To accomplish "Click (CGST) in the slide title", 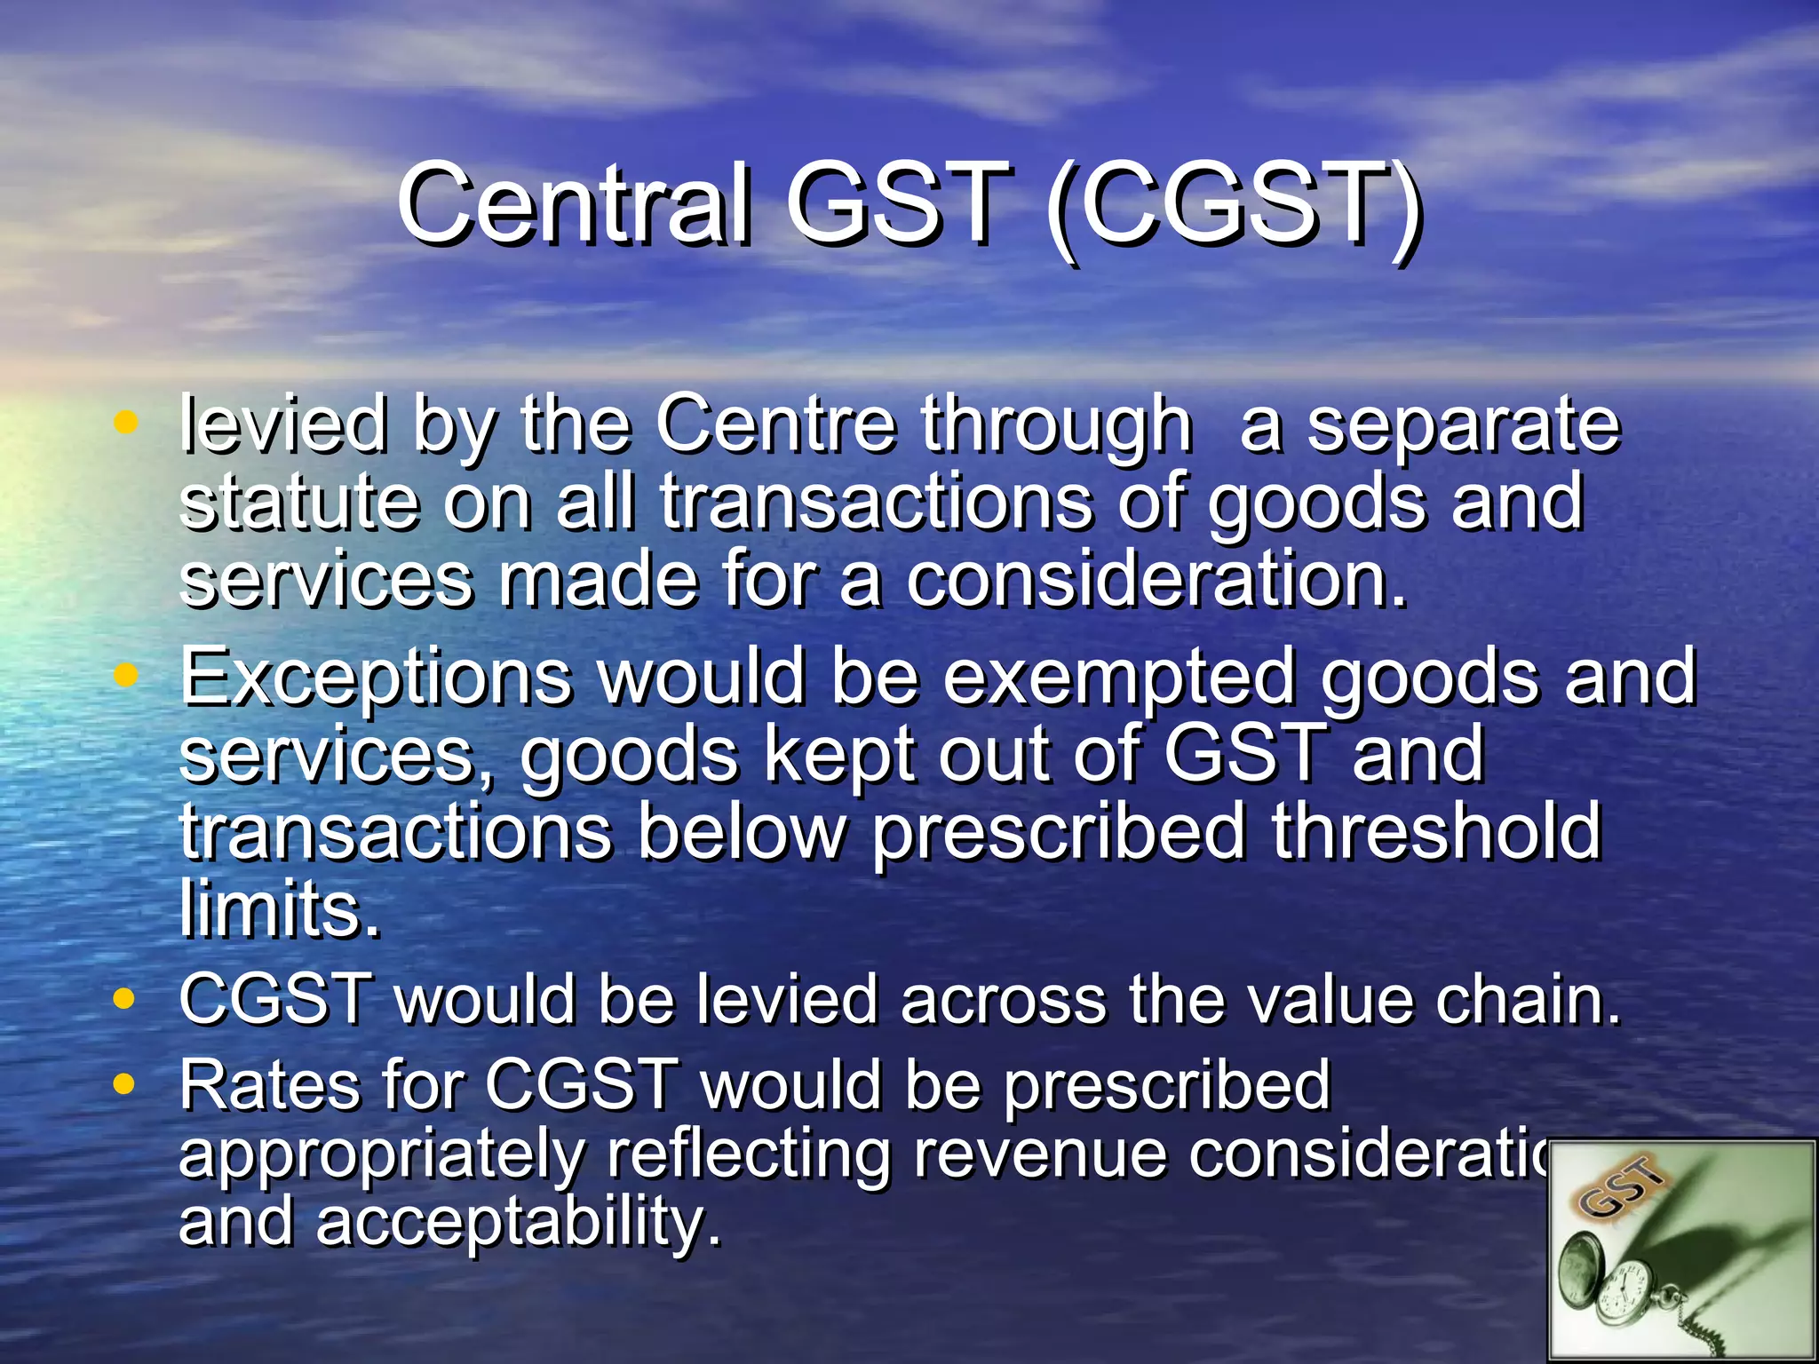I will tap(1234, 204).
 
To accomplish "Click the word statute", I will tap(298, 503).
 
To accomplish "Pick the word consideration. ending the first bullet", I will tap(1156, 581).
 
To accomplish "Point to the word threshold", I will tap(1436, 831).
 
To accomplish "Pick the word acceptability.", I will tap(517, 1222).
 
